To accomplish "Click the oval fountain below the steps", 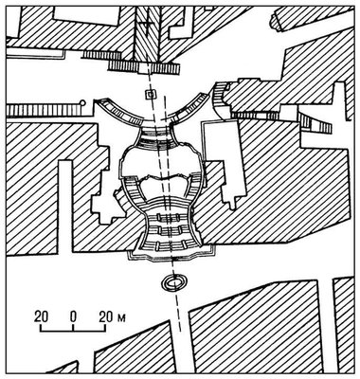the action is coord(173,282).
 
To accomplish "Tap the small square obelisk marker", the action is coord(151,94).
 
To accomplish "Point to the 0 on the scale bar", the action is coord(73,316).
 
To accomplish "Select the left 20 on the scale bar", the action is coord(42,316).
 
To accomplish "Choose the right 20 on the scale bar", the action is coord(106,316).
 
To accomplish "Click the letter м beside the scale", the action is coord(121,317).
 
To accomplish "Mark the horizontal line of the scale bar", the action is coord(73,332).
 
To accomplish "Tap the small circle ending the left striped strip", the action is coord(82,102).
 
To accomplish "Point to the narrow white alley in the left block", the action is coord(65,206).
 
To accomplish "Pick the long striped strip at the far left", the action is coord(44,111).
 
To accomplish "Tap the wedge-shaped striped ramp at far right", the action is coord(316,122).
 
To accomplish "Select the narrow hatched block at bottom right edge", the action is coord(344,325).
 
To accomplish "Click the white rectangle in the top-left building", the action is coord(86,17).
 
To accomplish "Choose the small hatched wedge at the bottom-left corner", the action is coord(64,368).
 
